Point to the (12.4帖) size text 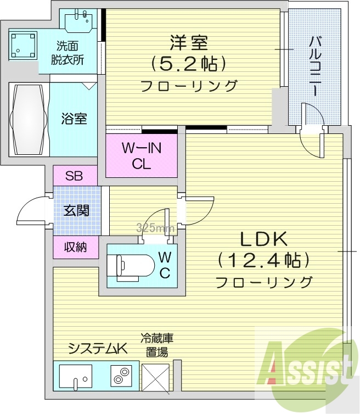point(263,260)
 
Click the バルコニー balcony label point(315,66)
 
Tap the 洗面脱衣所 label point(69,53)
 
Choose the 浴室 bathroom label point(74,119)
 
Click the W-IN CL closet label point(141,156)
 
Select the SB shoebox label point(75,176)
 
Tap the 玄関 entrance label point(76,211)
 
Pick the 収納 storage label point(76,247)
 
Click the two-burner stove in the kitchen point(120,376)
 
